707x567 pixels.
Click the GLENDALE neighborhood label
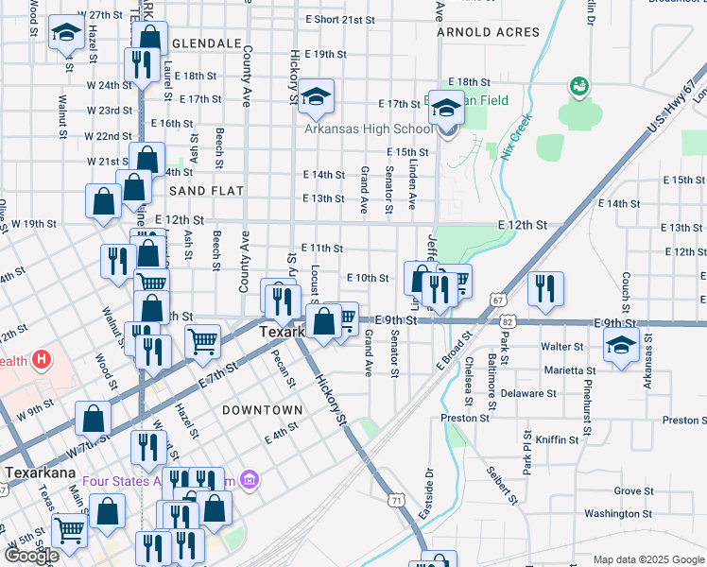[205, 44]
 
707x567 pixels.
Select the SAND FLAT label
[206, 191]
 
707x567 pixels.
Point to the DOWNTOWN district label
[262, 410]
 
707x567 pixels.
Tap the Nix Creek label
[517, 138]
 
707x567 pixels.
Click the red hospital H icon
[42, 360]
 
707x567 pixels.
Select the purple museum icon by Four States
[250, 481]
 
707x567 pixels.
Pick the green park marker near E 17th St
[578, 87]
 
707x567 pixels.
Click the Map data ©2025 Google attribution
[647, 559]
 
